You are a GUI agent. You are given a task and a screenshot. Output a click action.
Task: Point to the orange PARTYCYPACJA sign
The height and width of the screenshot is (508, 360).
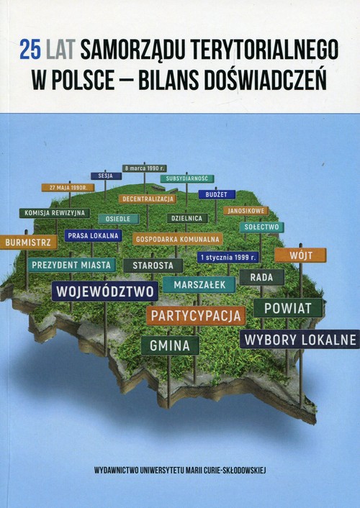point(196,314)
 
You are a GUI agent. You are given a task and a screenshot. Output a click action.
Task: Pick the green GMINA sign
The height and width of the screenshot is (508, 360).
point(170,345)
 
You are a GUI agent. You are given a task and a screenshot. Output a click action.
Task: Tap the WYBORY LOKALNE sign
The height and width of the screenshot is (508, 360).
point(299,338)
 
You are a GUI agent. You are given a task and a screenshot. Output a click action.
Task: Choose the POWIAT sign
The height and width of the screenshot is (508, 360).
point(288,308)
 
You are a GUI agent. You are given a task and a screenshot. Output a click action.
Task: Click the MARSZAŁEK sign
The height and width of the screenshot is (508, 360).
point(199,284)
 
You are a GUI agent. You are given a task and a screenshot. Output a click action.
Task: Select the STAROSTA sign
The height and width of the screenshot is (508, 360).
point(153,266)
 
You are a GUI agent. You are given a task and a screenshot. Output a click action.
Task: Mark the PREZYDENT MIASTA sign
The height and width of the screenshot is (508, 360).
point(72,265)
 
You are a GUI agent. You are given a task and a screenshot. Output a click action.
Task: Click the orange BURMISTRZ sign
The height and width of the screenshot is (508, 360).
point(29,242)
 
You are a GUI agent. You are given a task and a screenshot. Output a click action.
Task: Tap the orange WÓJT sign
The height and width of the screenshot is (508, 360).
point(300,255)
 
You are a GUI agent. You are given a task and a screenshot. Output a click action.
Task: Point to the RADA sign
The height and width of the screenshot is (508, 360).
point(261,277)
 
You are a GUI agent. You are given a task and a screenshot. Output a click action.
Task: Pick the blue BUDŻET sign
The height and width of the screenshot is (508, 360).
point(216,194)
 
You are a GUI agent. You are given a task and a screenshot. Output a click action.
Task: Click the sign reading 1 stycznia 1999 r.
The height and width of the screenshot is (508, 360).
point(228,256)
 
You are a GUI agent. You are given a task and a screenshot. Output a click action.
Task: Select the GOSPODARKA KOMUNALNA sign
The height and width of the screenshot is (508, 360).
point(178,238)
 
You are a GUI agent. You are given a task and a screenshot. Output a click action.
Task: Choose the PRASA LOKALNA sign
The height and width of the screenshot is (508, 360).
point(93,235)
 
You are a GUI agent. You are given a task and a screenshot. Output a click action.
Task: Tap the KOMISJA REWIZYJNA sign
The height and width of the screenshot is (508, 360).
point(55,213)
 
